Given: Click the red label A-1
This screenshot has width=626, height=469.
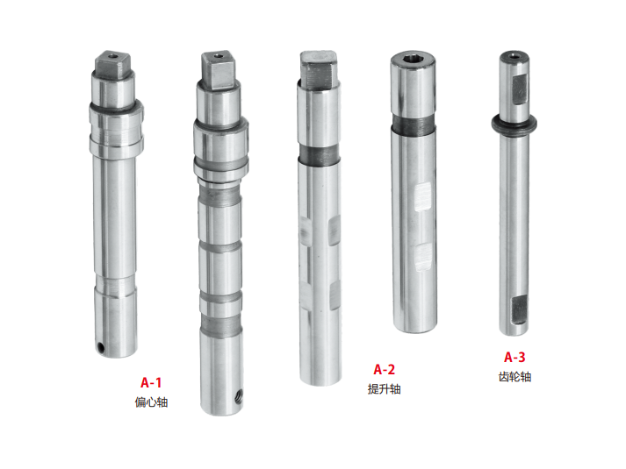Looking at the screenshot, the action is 151,382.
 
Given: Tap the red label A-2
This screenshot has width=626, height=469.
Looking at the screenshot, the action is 384,369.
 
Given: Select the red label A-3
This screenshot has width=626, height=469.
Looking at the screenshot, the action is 514,357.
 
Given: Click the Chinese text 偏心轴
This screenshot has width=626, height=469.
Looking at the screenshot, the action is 151,402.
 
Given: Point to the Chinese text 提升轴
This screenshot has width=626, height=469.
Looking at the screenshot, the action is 384,389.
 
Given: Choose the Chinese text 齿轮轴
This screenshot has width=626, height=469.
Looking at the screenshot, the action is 514,377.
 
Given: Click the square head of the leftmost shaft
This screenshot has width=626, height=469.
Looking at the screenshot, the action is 113,65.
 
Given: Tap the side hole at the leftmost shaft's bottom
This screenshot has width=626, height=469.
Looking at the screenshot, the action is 101,348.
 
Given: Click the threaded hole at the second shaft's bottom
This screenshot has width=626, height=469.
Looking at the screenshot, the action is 239,397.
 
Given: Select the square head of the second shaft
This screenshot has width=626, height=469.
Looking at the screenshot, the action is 219,70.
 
